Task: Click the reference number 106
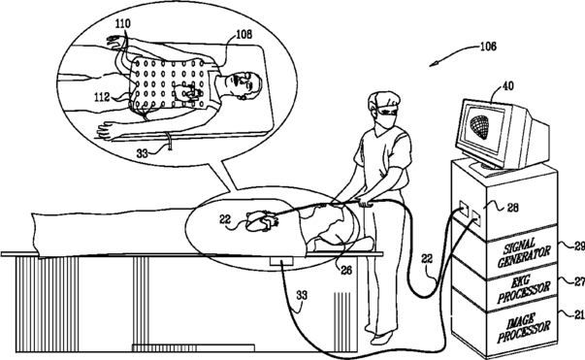tap(488, 47)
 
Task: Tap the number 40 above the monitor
tap(507, 86)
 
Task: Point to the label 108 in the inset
tap(244, 34)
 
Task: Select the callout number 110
tap(123, 23)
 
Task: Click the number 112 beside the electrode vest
tap(102, 97)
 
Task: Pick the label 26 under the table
tap(346, 270)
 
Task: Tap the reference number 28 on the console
tap(513, 208)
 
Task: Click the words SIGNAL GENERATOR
tap(524, 252)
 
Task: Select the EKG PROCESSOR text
tap(524, 288)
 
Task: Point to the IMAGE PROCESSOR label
tap(524, 327)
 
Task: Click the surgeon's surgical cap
tap(383, 100)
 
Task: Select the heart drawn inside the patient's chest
tap(261, 222)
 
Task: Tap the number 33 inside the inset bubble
tap(143, 153)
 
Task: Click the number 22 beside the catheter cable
tap(427, 258)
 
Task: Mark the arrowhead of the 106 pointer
tap(433, 65)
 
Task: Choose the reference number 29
tap(579, 246)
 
